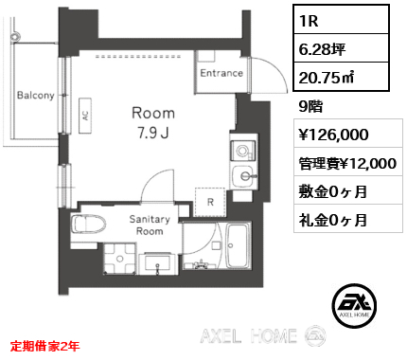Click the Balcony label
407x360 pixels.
coord(36,96)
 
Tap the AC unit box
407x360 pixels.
coord(85,116)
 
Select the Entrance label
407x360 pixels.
coord(221,73)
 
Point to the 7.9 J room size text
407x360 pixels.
coord(153,134)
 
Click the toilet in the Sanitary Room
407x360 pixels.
coord(88,225)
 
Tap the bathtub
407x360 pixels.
coord(239,246)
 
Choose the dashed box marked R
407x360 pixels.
coord(210,202)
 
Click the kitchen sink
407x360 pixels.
coord(243,177)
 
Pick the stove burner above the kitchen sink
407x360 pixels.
coord(242,151)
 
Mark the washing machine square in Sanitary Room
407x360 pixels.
coord(120,259)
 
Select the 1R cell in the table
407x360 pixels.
coord(341,20)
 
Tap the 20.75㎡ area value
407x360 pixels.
coord(341,77)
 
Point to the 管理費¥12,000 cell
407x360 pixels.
coord(348,163)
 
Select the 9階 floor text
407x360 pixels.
coord(310,106)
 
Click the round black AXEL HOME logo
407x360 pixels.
coord(354,305)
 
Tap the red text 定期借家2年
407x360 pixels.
coord(44,346)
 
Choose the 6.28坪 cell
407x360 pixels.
coord(341,48)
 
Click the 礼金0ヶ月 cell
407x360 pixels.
coord(348,219)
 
